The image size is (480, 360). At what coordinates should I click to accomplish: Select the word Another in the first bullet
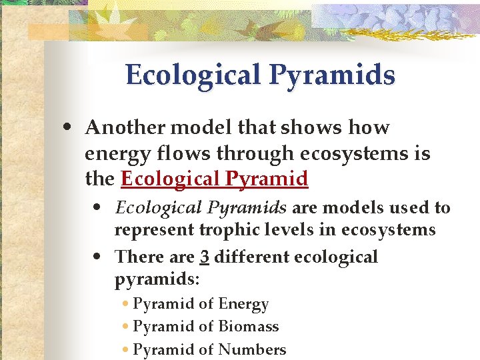(x=125, y=127)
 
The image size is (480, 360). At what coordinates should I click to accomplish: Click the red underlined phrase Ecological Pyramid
(x=214, y=179)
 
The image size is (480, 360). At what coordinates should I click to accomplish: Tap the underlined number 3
(x=204, y=257)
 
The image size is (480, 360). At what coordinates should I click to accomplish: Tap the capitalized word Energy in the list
(x=243, y=305)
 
